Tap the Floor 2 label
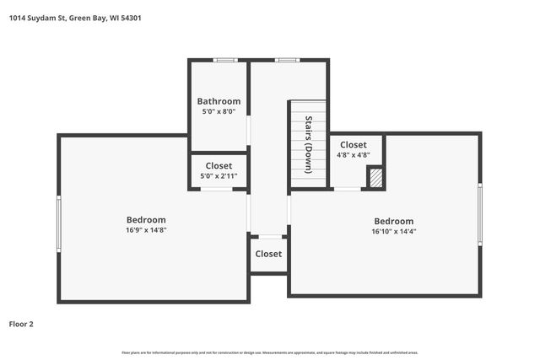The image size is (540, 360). click(x=21, y=324)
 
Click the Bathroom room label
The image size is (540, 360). click(x=219, y=101)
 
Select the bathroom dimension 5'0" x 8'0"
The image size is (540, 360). click(x=219, y=111)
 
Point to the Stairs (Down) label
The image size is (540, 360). click(x=309, y=144)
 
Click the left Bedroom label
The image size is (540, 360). click(x=146, y=220)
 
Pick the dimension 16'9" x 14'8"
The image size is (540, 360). click(x=146, y=230)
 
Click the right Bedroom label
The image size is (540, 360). click(x=393, y=222)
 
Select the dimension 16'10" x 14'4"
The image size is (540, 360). click(x=393, y=232)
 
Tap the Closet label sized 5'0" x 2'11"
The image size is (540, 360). click(x=219, y=166)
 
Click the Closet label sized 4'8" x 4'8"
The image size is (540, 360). click(x=353, y=145)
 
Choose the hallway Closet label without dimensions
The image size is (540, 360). click(x=268, y=254)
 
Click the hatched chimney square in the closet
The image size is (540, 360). click(x=376, y=177)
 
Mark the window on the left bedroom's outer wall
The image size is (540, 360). click(x=58, y=223)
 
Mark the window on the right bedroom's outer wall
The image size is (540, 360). click(x=479, y=214)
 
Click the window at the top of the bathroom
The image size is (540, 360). click(x=224, y=60)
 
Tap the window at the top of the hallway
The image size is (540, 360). click(x=288, y=60)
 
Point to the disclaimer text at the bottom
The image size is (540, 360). click(x=270, y=352)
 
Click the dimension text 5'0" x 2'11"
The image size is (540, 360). click(x=219, y=176)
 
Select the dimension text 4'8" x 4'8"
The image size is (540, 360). click(x=353, y=155)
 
